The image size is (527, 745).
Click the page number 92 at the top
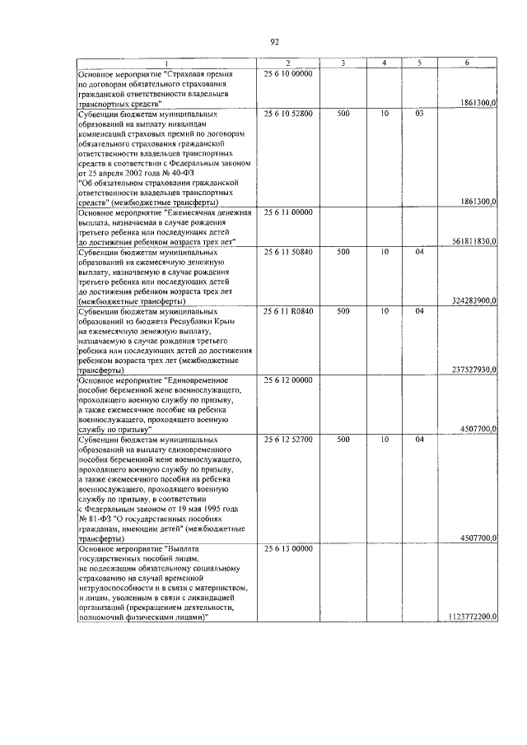(275, 42)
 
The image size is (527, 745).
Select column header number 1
(167, 64)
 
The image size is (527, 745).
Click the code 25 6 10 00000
(288, 74)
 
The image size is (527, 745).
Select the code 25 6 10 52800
(288, 114)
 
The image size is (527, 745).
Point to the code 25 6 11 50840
(288, 252)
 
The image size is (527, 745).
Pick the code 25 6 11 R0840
(288, 311)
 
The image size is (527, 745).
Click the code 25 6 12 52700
(288, 440)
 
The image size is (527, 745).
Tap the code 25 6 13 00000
(288, 548)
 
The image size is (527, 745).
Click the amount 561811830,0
(473, 242)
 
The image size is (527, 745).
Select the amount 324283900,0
(473, 301)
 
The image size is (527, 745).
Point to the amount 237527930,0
(473, 370)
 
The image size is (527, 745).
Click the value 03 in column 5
(419, 114)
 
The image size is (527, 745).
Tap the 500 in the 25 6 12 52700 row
(343, 440)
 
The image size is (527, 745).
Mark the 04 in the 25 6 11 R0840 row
(419, 311)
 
